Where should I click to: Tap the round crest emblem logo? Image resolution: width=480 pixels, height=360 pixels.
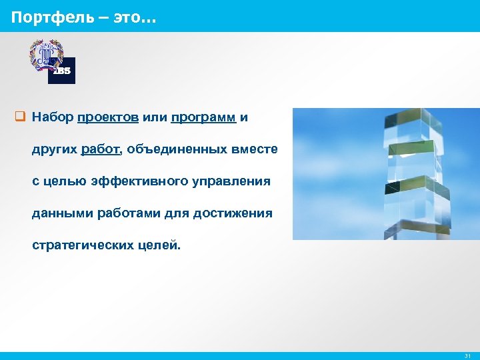45,55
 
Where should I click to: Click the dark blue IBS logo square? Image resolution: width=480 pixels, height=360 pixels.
62,71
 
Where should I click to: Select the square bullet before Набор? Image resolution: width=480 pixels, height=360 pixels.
20,118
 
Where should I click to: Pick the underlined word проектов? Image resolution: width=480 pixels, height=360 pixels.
108,118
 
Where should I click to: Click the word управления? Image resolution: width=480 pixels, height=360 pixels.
229,181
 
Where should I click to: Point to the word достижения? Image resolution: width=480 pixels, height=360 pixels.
233,213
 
